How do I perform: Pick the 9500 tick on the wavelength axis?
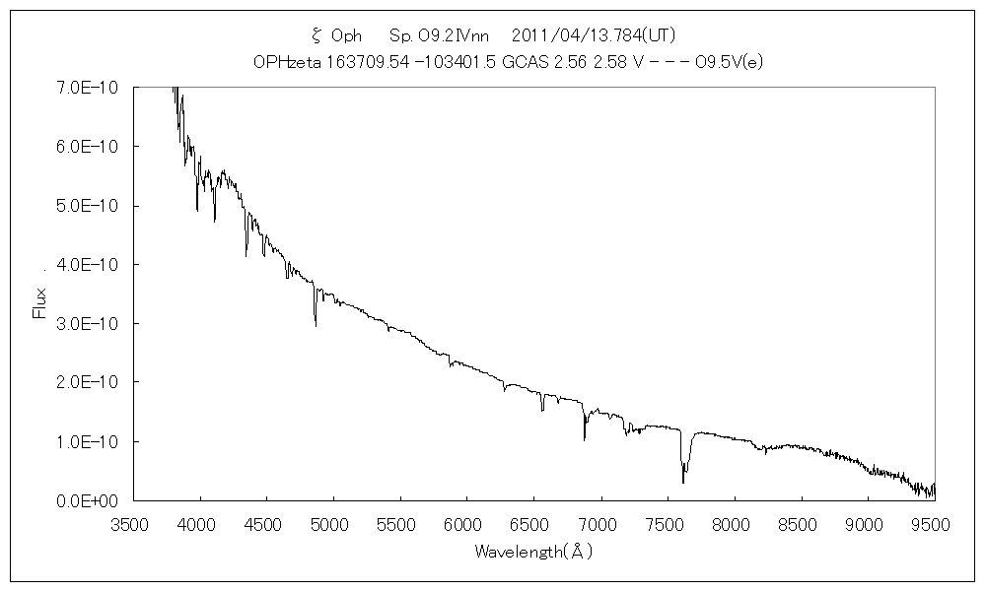[x=933, y=525]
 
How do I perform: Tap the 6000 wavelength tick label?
[x=465, y=525]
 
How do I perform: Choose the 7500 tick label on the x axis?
[x=667, y=525]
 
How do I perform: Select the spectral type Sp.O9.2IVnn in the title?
[x=440, y=35]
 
